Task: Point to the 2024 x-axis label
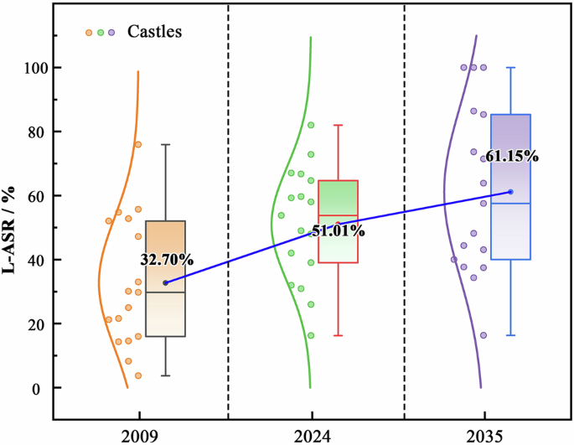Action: click(x=312, y=435)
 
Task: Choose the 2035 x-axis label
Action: click(x=484, y=435)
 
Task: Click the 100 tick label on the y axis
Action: click(x=34, y=67)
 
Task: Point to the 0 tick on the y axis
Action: click(x=39, y=388)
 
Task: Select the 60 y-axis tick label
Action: click(x=36, y=195)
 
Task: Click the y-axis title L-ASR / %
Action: click(x=12, y=228)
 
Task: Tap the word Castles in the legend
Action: click(x=155, y=32)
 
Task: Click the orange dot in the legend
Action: click(x=89, y=33)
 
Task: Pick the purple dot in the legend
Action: click(x=111, y=33)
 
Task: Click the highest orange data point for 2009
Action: click(x=138, y=144)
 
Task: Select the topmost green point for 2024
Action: click(x=311, y=125)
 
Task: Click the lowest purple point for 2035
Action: click(x=484, y=335)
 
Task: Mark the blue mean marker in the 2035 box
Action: click(x=510, y=192)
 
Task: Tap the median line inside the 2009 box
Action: click(x=165, y=292)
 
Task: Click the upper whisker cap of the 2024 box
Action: click(x=339, y=125)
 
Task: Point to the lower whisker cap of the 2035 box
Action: click(x=510, y=335)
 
